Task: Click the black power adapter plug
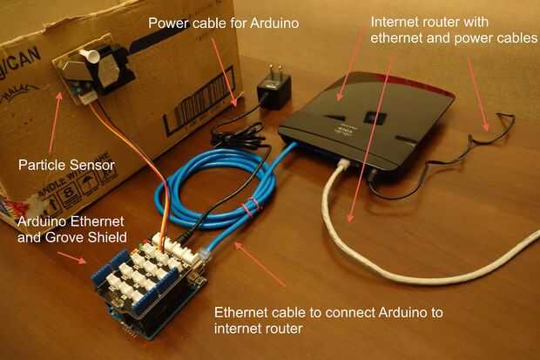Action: pyautogui.click(x=272, y=90)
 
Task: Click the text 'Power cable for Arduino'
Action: pyautogui.click(x=223, y=23)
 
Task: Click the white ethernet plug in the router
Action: pyautogui.click(x=344, y=165)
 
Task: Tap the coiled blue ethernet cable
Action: pyautogui.click(x=218, y=187)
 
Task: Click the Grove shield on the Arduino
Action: pyautogui.click(x=148, y=275)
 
